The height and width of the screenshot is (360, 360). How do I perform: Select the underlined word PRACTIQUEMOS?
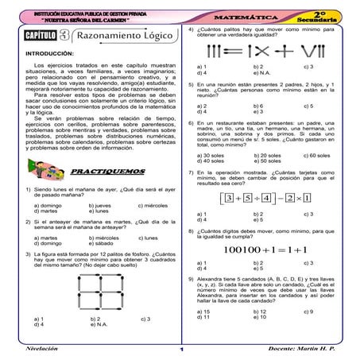click(118, 171)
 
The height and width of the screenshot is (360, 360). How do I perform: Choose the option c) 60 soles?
click(317, 155)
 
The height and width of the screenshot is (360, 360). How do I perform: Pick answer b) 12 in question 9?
click(259, 312)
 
